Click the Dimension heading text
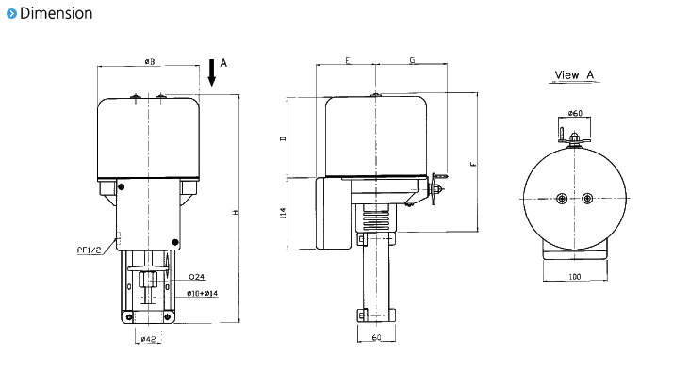click(56, 13)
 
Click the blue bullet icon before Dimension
click(10, 13)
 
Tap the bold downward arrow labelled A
click(213, 73)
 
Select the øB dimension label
click(150, 62)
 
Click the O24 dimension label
click(196, 277)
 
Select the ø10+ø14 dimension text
click(203, 294)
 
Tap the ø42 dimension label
click(148, 337)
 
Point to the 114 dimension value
click(282, 216)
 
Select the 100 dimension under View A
click(574, 278)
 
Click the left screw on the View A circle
click(562, 198)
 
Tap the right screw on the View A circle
click(588, 198)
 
